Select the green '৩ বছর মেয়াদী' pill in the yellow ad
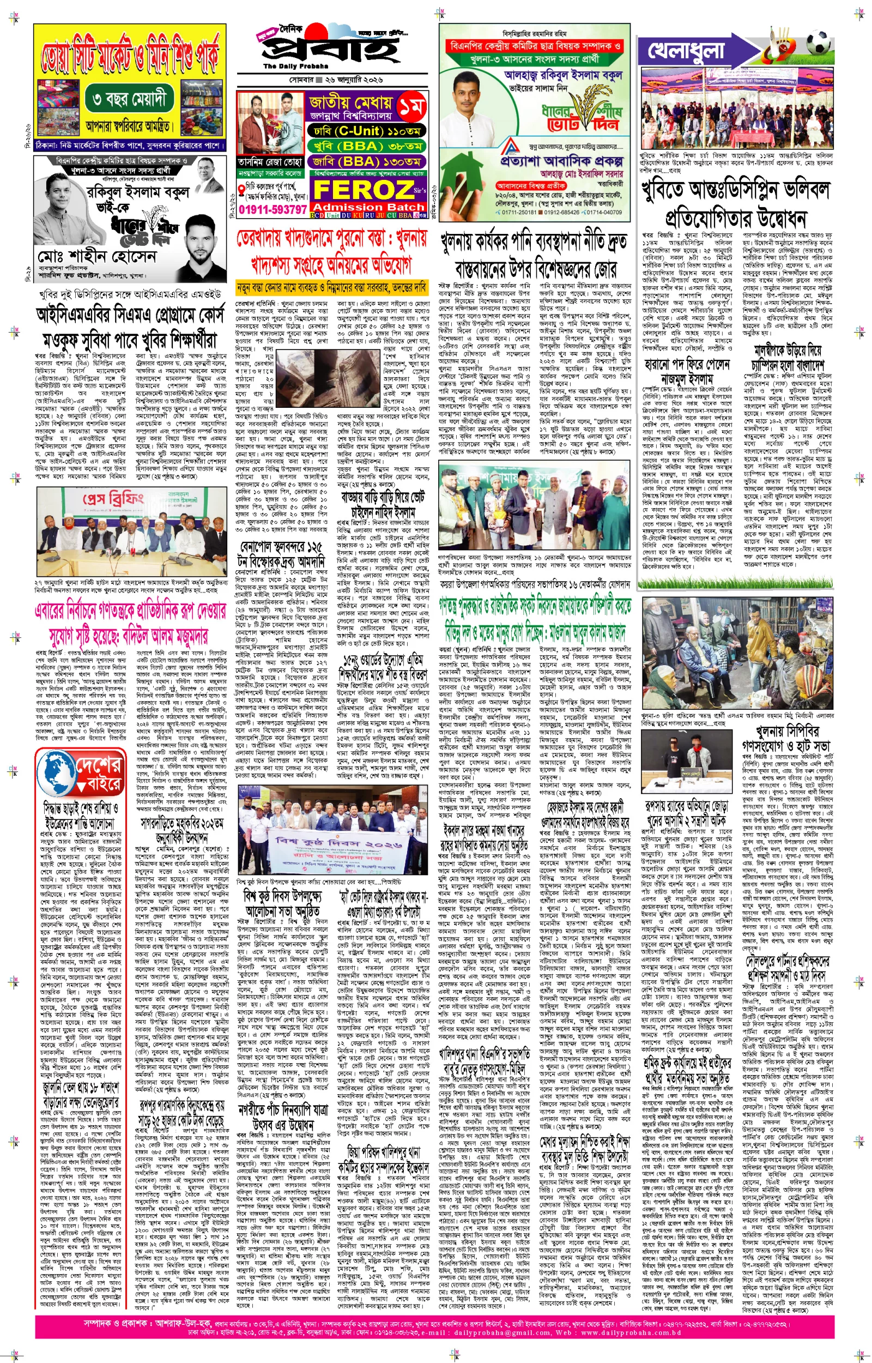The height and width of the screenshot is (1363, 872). tap(130, 100)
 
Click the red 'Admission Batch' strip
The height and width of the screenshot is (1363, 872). tap(367, 207)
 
